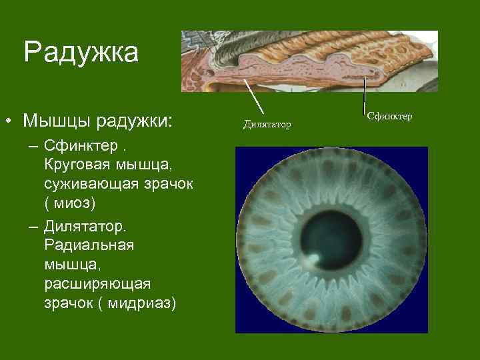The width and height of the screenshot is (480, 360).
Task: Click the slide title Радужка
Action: pyautogui.click(x=81, y=53)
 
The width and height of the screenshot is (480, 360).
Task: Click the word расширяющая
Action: pyautogui.click(x=97, y=284)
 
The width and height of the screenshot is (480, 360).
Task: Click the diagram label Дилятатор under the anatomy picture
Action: pyautogui.click(x=267, y=124)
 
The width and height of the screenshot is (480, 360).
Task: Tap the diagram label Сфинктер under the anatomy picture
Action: pyautogui.click(x=390, y=117)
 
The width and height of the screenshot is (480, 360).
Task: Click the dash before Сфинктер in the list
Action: pyautogui.click(x=33, y=145)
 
